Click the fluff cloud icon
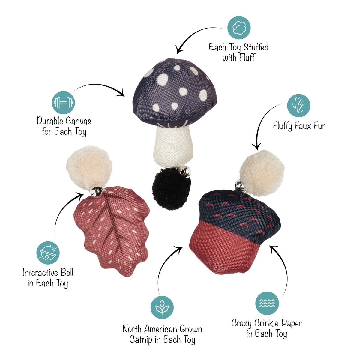[239, 28]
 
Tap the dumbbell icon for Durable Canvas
[63, 103]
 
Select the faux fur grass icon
[299, 106]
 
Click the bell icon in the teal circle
[48, 253]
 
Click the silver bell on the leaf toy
[97, 190]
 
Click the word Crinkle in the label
[266, 323]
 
